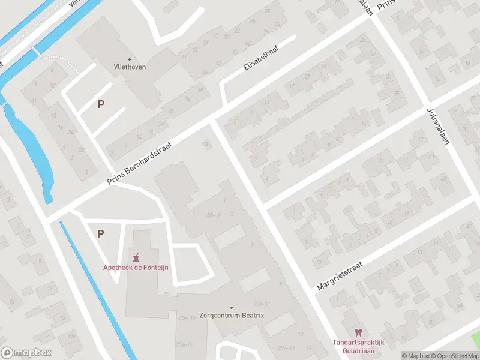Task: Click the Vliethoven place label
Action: [x=130, y=67]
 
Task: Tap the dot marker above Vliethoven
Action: [x=130, y=59]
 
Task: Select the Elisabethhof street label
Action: [x=262, y=61]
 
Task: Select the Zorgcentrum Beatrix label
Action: [x=232, y=315]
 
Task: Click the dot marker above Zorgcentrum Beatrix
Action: [x=232, y=307]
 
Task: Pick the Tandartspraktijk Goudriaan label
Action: [x=359, y=346]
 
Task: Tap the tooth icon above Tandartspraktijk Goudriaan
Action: [x=359, y=332]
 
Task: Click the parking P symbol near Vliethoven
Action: [x=101, y=104]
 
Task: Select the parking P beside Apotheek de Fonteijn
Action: [x=100, y=233]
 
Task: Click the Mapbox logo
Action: [x=26, y=352]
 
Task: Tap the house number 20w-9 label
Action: [x=213, y=214]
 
